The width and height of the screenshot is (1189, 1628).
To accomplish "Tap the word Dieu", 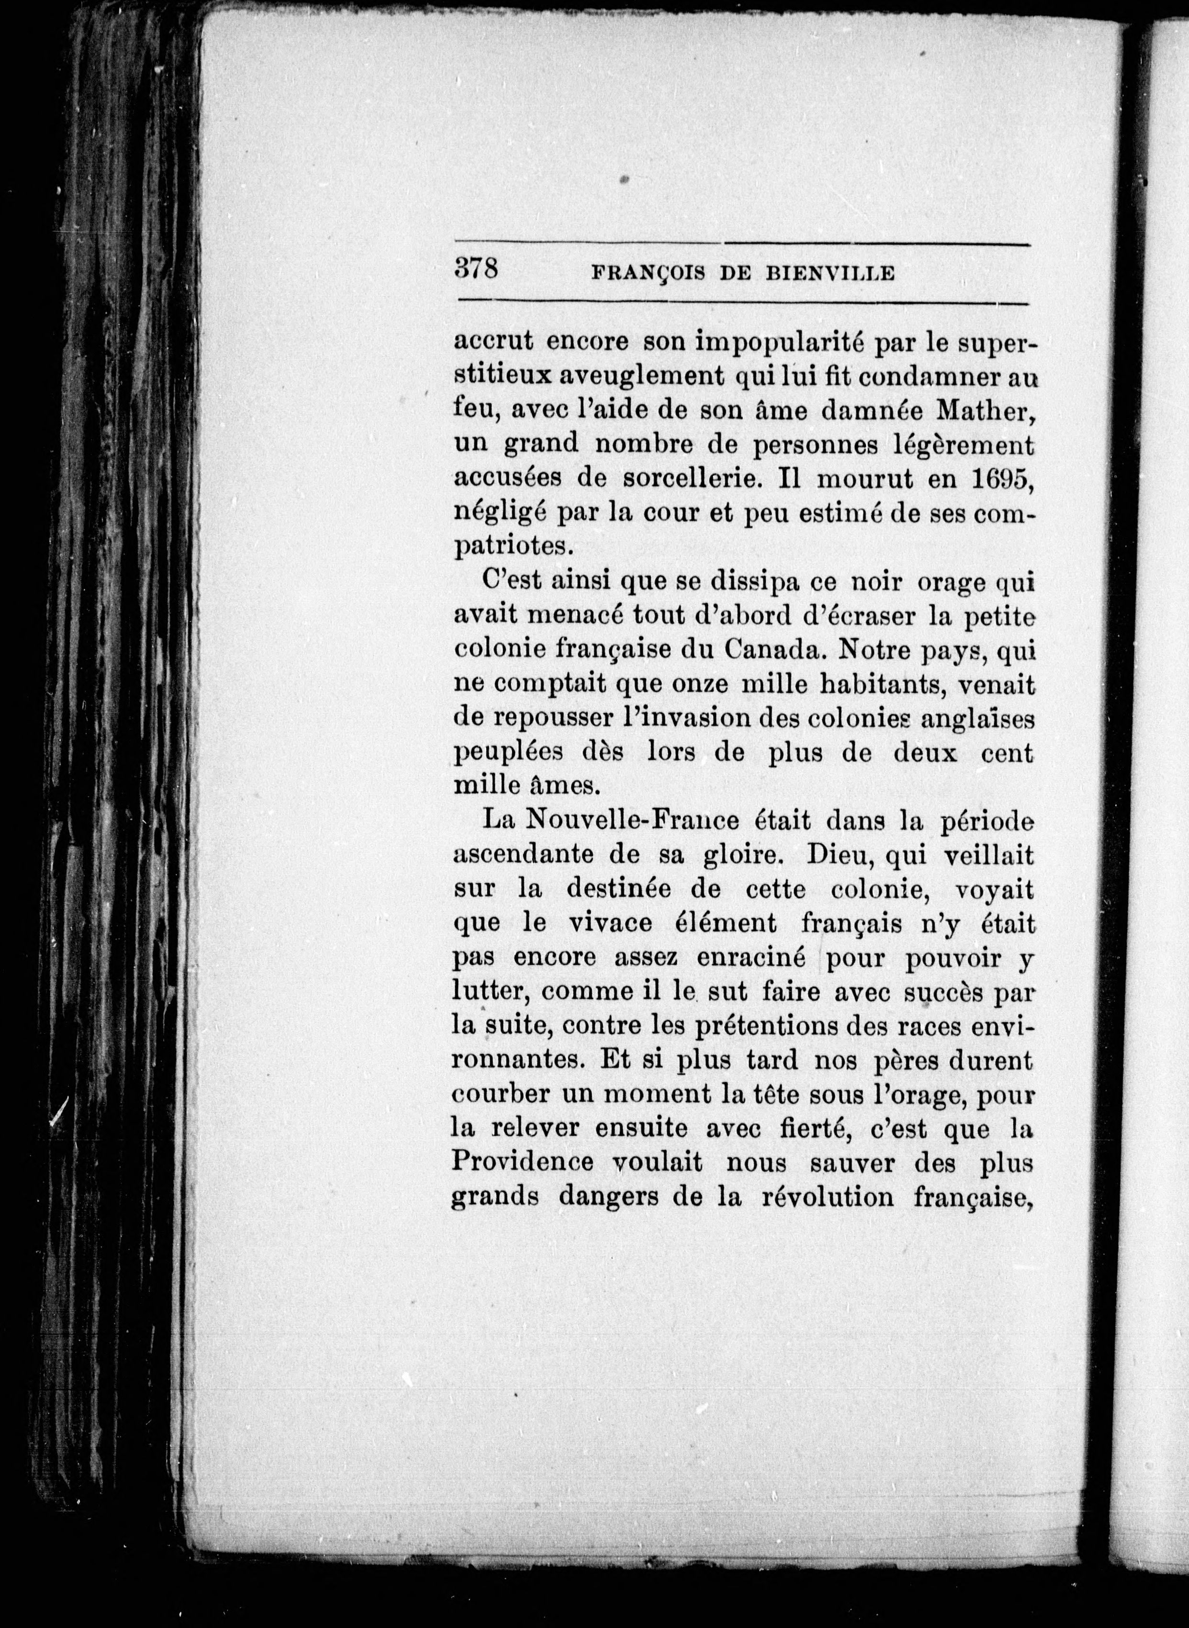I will coord(835,855).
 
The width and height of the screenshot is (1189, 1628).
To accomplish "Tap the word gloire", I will coord(739,855).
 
